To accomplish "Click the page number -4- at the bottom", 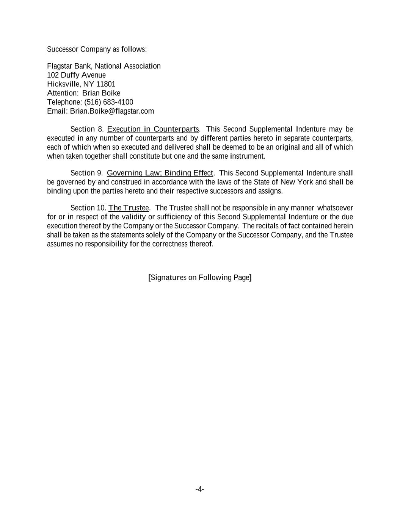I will point(200,489).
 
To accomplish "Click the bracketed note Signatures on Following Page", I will point(200,278).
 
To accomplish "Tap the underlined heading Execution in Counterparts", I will point(153,129).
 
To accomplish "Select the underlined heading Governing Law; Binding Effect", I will point(160,173).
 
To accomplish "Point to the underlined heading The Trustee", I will point(129,208).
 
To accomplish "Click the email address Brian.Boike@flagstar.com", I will point(112,111).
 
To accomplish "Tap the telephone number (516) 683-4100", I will point(109,102).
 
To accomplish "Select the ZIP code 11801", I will point(106,84).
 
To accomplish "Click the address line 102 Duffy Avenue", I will point(76,75).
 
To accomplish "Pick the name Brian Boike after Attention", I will point(101,93).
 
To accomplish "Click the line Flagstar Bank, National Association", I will point(104,66).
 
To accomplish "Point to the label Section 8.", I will point(87,129).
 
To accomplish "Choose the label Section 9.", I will point(86,173).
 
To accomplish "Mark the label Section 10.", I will point(88,208).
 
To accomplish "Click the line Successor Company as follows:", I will point(97,50).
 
